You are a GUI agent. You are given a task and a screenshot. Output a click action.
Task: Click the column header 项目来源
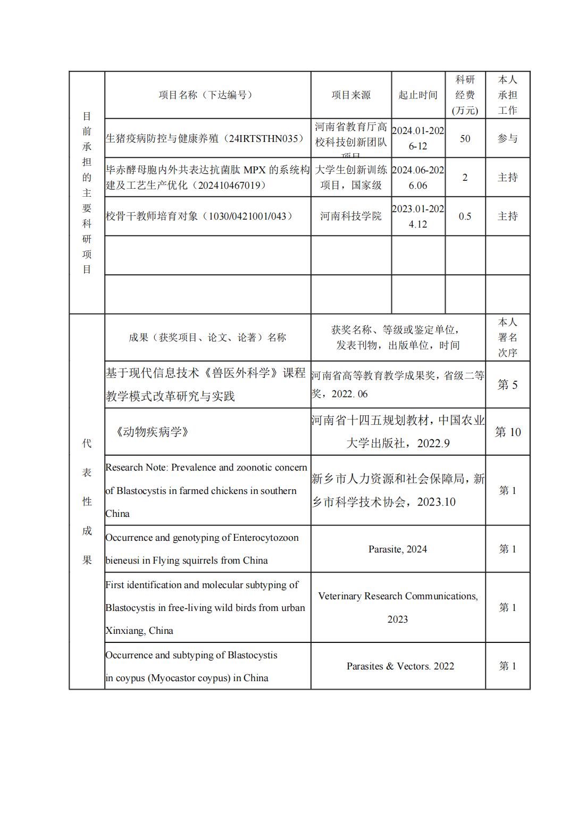click(x=351, y=95)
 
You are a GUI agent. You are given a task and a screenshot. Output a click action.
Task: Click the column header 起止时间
click(x=418, y=95)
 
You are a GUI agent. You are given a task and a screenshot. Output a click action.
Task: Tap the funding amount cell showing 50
click(x=465, y=139)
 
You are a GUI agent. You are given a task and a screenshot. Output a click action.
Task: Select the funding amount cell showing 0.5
click(x=465, y=216)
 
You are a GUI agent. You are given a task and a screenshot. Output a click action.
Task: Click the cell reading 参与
click(x=507, y=139)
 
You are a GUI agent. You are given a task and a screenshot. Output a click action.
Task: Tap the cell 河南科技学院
click(x=351, y=216)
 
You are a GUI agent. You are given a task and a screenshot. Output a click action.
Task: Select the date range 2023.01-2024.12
click(x=418, y=216)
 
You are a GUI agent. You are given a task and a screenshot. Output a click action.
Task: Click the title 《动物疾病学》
click(x=152, y=432)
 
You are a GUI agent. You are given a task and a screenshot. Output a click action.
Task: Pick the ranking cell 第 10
click(x=507, y=432)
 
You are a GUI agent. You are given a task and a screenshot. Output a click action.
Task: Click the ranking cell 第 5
click(x=507, y=385)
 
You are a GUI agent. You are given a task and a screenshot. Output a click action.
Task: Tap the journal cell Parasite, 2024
click(x=398, y=549)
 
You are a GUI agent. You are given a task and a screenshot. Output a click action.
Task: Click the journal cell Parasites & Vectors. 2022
click(x=400, y=666)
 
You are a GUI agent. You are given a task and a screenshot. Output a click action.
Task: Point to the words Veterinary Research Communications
click(x=397, y=596)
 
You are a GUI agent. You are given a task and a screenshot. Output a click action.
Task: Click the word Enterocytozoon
click(x=266, y=538)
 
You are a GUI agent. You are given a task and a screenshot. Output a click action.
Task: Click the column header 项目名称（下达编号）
click(x=207, y=95)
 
